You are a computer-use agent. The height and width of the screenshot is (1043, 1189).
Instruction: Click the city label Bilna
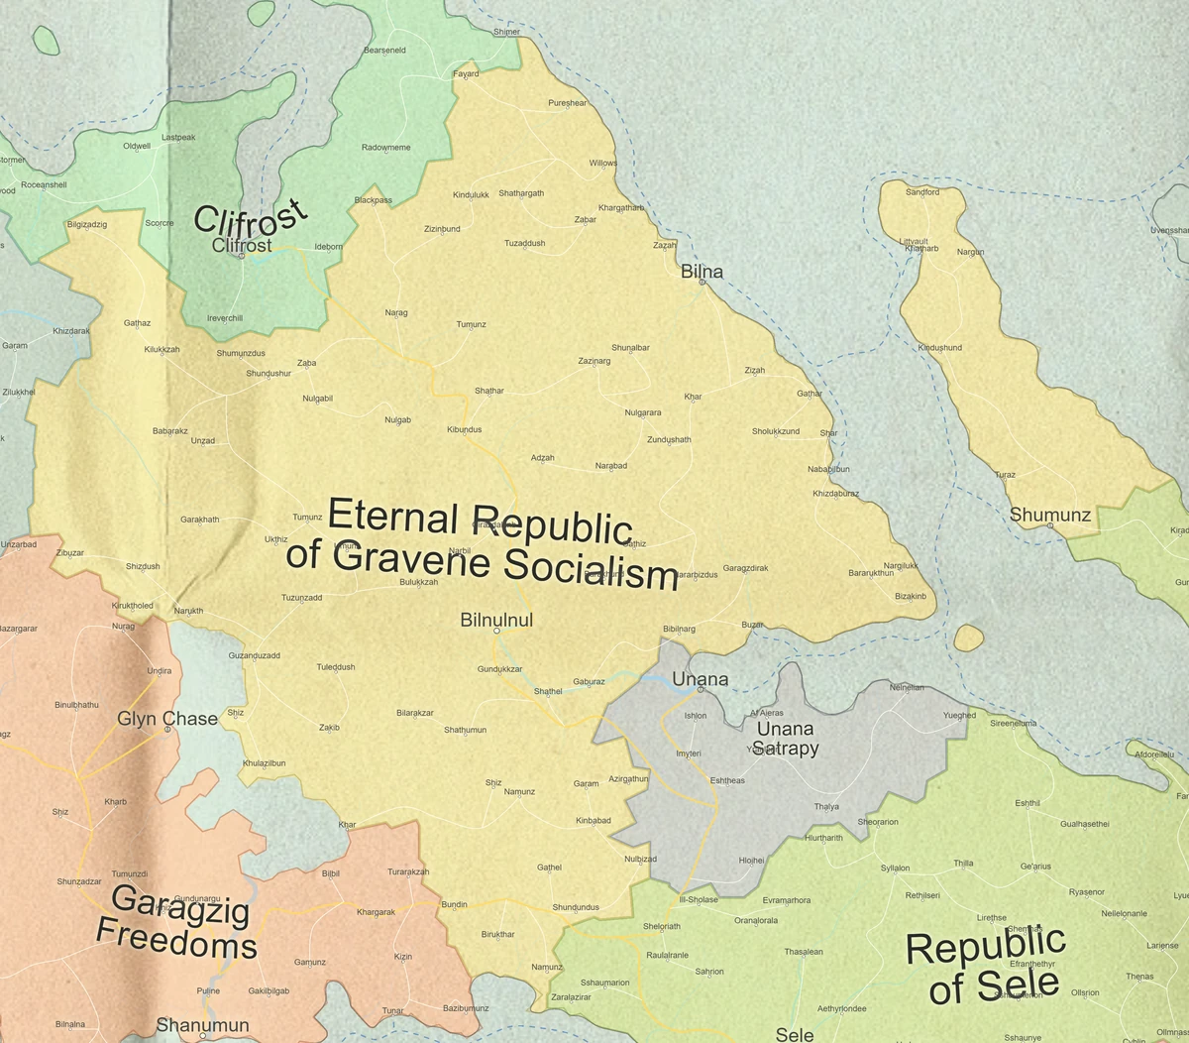702,271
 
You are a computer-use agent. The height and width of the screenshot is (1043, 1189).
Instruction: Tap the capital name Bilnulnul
496,620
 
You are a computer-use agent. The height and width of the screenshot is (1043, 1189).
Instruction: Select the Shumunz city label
1049,515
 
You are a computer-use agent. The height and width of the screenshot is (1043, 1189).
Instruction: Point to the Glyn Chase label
166,718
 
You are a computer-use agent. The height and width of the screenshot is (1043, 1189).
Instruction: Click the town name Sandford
921,191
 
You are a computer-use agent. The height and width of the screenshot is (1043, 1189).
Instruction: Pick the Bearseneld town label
384,50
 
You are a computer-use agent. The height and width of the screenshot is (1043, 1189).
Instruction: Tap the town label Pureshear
567,102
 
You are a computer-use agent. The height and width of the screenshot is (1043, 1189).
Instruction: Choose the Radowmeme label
385,147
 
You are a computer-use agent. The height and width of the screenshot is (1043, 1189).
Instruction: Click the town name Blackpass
373,199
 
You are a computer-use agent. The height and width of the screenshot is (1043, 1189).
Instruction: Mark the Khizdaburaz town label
835,493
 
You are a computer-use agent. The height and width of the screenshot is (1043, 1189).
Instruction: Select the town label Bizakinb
910,596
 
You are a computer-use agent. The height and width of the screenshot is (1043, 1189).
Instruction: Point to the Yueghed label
958,715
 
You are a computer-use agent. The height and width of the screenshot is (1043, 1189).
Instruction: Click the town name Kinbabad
593,820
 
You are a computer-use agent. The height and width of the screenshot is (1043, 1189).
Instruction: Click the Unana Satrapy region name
785,738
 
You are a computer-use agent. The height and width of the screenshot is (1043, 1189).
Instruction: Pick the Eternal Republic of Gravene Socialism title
482,544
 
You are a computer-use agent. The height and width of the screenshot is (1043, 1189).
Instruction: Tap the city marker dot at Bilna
702,283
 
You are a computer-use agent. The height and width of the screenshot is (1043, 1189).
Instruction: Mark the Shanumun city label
202,1024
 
